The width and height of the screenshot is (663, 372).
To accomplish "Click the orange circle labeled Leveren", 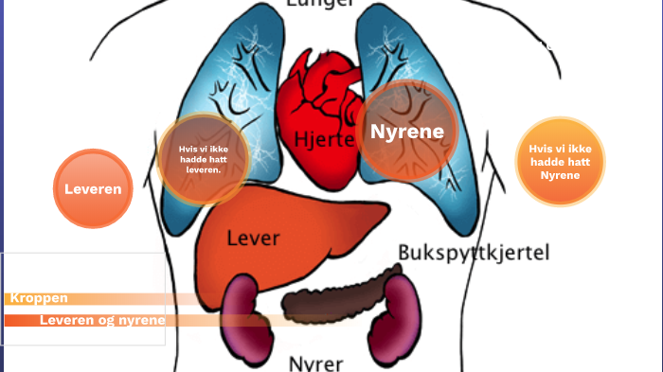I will tap(93, 189).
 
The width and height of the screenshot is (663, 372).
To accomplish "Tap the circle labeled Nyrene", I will tap(407, 132).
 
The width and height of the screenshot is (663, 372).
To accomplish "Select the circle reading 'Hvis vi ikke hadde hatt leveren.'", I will tap(204, 159).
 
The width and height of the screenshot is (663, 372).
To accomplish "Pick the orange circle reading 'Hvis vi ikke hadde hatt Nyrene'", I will tap(560, 162).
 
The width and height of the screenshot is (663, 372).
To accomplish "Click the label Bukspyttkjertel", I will tap(473, 253).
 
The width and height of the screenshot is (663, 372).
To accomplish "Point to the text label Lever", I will tap(253, 238).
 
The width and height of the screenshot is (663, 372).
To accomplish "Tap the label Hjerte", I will tap(324, 140).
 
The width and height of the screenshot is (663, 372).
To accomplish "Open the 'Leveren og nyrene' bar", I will tap(102, 320).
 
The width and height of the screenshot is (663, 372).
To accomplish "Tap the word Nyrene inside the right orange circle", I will tap(560, 175).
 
